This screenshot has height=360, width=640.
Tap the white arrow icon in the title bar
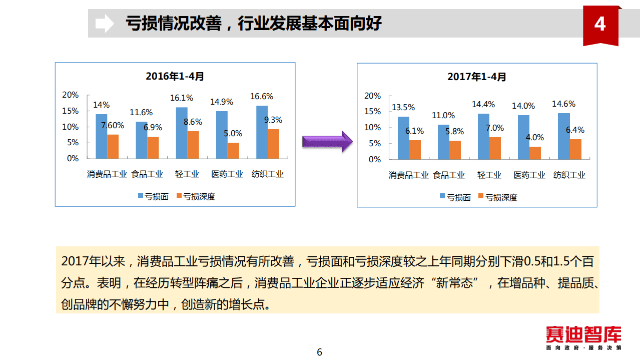104,23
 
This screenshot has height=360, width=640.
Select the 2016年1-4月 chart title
175,77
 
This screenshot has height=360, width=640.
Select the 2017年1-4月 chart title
476,77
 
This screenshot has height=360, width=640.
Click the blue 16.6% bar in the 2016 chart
262,132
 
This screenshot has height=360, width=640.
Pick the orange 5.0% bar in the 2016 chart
233,150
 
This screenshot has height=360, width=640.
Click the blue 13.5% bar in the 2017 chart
403,138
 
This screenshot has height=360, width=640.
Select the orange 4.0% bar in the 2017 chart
535,153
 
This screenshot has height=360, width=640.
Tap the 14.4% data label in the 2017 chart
483,105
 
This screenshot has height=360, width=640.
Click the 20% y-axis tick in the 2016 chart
70,95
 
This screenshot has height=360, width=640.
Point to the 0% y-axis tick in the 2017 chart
375,159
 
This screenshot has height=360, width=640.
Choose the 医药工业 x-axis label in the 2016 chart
227,174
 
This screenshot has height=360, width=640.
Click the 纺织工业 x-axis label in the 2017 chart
569,175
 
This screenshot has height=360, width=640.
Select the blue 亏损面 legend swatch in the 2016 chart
141,196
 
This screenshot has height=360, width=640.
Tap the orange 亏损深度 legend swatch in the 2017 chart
481,197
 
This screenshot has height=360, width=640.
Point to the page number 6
319,352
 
